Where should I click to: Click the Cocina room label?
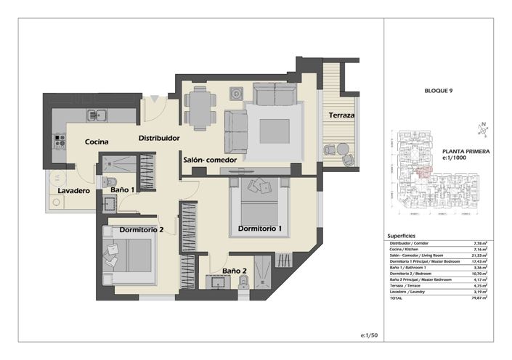click(x=96, y=142)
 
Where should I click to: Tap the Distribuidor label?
click(x=160, y=136)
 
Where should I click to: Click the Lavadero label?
click(x=73, y=191)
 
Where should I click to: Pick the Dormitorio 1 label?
click(x=259, y=229)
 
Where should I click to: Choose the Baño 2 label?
click(x=235, y=271)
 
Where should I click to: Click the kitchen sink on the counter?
click(x=96, y=114)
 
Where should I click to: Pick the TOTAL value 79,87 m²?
click(x=479, y=298)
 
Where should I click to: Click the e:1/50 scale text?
click(x=369, y=335)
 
